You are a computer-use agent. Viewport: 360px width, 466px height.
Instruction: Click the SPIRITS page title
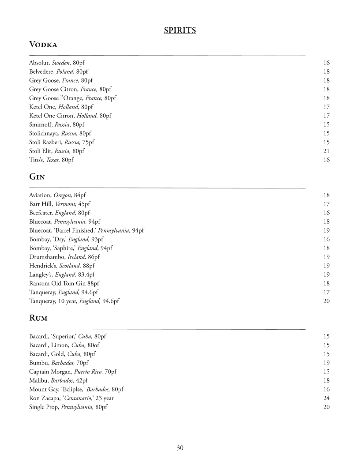(x=180, y=30)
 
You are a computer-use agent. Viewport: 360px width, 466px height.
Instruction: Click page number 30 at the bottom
(x=180, y=448)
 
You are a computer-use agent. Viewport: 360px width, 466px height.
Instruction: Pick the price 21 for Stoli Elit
(x=326, y=151)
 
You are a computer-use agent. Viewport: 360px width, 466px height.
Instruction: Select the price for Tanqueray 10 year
(x=326, y=301)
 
